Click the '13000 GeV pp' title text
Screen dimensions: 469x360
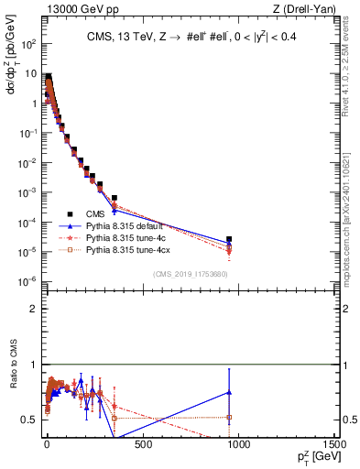tap(76, 8)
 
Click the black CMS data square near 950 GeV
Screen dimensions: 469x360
tap(229, 239)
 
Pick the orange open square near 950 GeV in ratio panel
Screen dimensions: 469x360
tap(229, 417)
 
